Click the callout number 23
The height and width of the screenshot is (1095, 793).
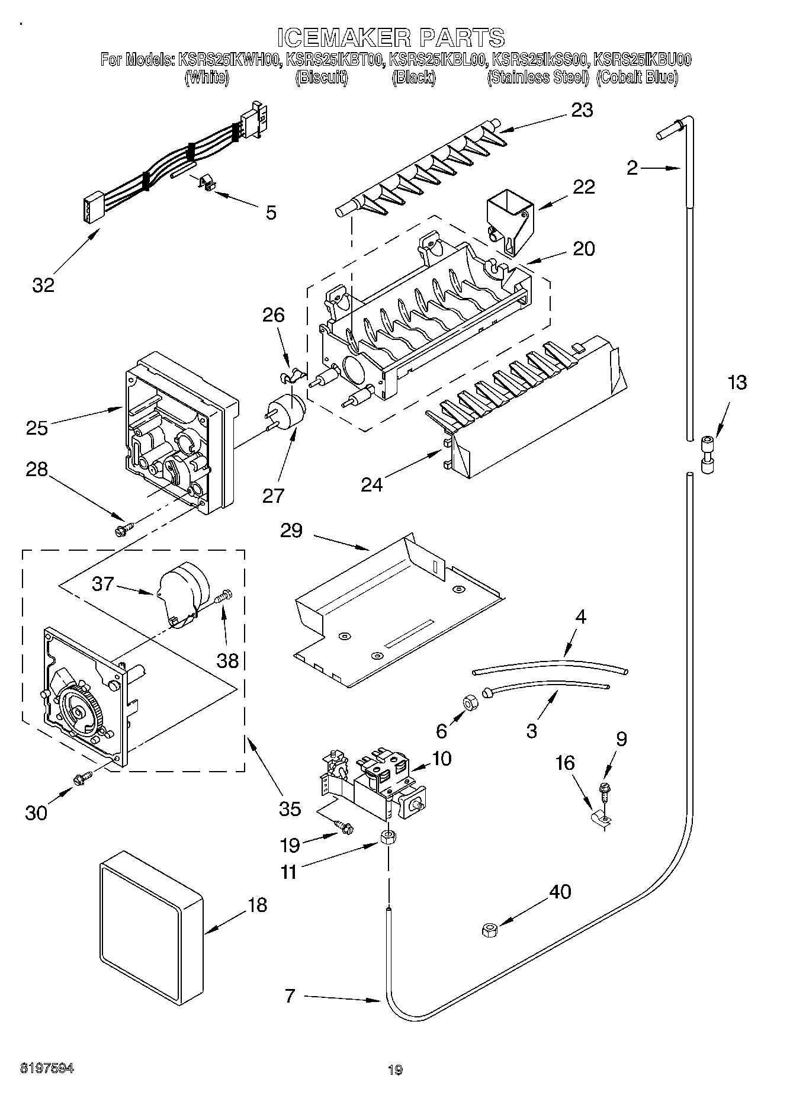pos(582,110)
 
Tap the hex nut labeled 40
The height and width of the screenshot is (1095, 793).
pos(490,930)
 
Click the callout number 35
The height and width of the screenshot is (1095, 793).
pos(290,808)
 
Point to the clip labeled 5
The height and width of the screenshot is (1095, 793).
pos(205,184)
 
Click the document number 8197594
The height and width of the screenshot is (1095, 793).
pos(47,1068)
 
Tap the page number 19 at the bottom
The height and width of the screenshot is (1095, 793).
pos(395,1070)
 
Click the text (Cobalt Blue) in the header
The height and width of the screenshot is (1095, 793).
pos(637,78)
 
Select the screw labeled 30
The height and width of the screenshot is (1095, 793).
pos(82,779)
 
